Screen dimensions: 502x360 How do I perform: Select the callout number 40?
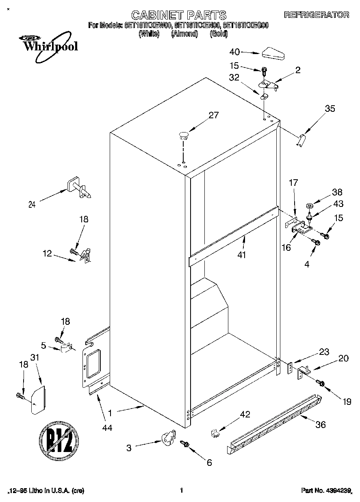(x=235, y=52)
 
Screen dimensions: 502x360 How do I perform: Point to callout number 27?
(x=213, y=115)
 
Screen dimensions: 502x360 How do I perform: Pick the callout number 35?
(x=330, y=109)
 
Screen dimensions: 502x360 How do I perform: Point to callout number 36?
(x=320, y=425)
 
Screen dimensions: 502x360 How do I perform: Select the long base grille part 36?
(x=273, y=424)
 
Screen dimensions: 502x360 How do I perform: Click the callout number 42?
(x=245, y=414)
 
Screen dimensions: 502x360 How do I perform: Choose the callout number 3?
(x=129, y=448)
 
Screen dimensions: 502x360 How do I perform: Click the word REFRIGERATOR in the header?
(x=317, y=15)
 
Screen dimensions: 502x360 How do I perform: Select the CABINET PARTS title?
(x=180, y=15)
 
